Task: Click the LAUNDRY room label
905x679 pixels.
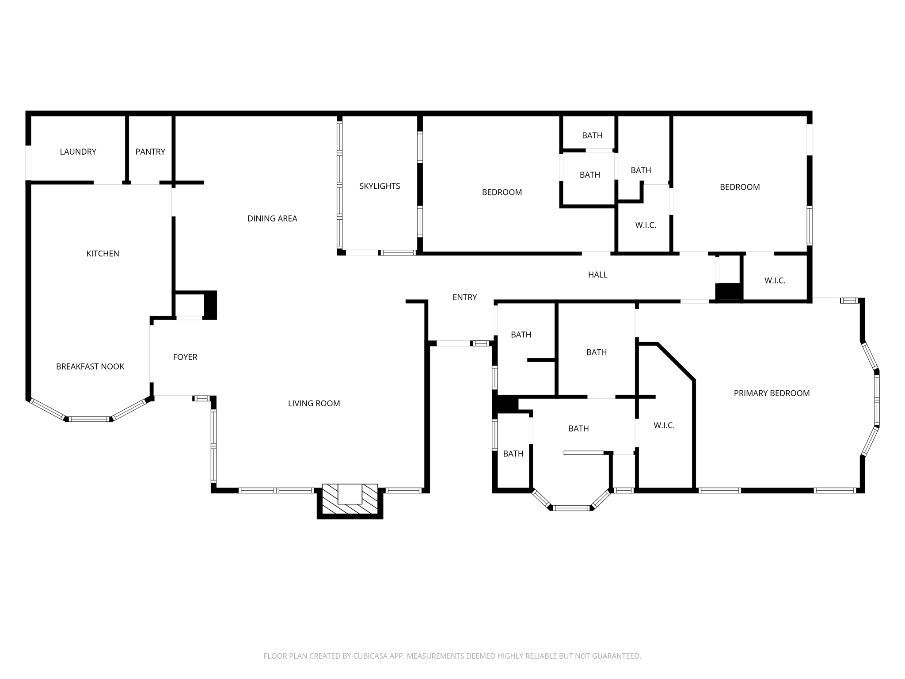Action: pyautogui.click(x=78, y=152)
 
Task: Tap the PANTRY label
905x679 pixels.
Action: pyautogui.click(x=150, y=152)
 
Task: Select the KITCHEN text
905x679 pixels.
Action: pyautogui.click(x=103, y=253)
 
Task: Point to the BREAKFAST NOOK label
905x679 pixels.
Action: pyautogui.click(x=90, y=366)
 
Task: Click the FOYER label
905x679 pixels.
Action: pyautogui.click(x=185, y=357)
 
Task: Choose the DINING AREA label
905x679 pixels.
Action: pyautogui.click(x=272, y=218)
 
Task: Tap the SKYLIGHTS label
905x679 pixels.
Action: pyautogui.click(x=380, y=186)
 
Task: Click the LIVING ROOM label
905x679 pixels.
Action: pyautogui.click(x=314, y=403)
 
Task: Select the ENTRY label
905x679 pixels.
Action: pyautogui.click(x=464, y=297)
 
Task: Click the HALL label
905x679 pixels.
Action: pyautogui.click(x=597, y=275)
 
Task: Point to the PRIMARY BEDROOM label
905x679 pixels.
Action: pyautogui.click(x=772, y=393)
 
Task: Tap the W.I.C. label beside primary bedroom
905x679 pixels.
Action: pyautogui.click(x=664, y=425)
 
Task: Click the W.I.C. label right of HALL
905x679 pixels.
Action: pyautogui.click(x=775, y=280)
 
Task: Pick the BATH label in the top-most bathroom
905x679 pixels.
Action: pyautogui.click(x=592, y=135)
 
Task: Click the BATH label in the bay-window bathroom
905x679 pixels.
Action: pyautogui.click(x=578, y=428)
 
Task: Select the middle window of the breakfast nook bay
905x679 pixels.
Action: pyautogui.click(x=89, y=419)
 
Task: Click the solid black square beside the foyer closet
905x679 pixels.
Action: pyautogui.click(x=210, y=305)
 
